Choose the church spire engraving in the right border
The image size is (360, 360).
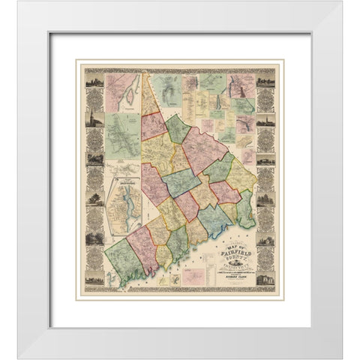point(265,120)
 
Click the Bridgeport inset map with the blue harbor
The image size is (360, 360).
point(123,199)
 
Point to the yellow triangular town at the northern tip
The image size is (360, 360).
point(151,97)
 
